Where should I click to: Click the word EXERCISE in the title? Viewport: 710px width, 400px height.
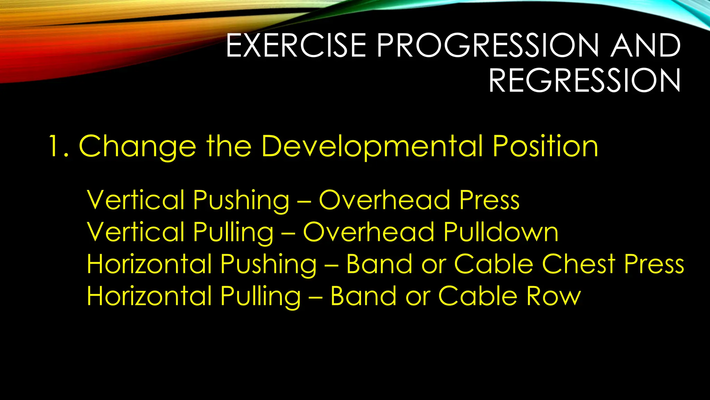296,46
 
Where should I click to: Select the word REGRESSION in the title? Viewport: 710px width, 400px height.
585,81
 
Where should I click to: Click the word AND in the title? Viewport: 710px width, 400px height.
646,46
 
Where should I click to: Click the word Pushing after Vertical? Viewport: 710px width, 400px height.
241,200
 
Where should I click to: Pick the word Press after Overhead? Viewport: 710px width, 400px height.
489,200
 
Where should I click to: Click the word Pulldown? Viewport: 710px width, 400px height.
501,232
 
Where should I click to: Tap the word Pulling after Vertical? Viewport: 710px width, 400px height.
233,232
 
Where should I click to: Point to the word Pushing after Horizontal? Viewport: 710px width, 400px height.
268,264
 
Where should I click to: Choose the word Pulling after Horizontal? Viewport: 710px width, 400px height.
260,296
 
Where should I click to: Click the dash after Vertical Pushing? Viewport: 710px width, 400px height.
304,201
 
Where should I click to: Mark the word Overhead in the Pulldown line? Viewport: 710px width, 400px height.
369,232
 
